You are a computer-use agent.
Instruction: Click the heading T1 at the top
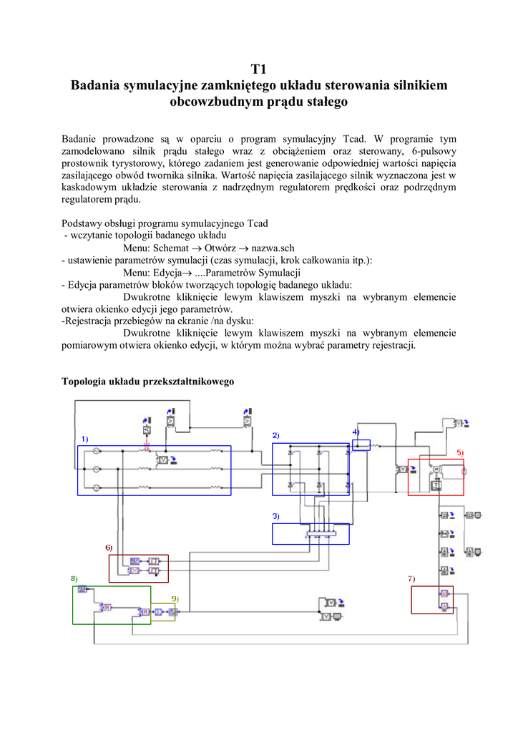(x=258, y=69)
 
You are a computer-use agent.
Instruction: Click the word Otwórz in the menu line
(x=220, y=248)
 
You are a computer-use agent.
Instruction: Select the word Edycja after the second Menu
(x=171, y=273)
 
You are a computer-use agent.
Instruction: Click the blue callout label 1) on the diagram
(x=84, y=438)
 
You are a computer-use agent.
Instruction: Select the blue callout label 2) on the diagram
(x=275, y=436)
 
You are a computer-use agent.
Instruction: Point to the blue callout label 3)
(x=275, y=516)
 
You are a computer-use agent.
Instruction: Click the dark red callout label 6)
(x=109, y=548)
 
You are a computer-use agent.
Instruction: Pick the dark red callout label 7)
(x=411, y=578)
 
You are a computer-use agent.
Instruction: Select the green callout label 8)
(x=74, y=578)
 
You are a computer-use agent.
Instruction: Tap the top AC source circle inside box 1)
(x=96, y=452)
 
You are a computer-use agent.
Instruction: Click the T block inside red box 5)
(x=434, y=485)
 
